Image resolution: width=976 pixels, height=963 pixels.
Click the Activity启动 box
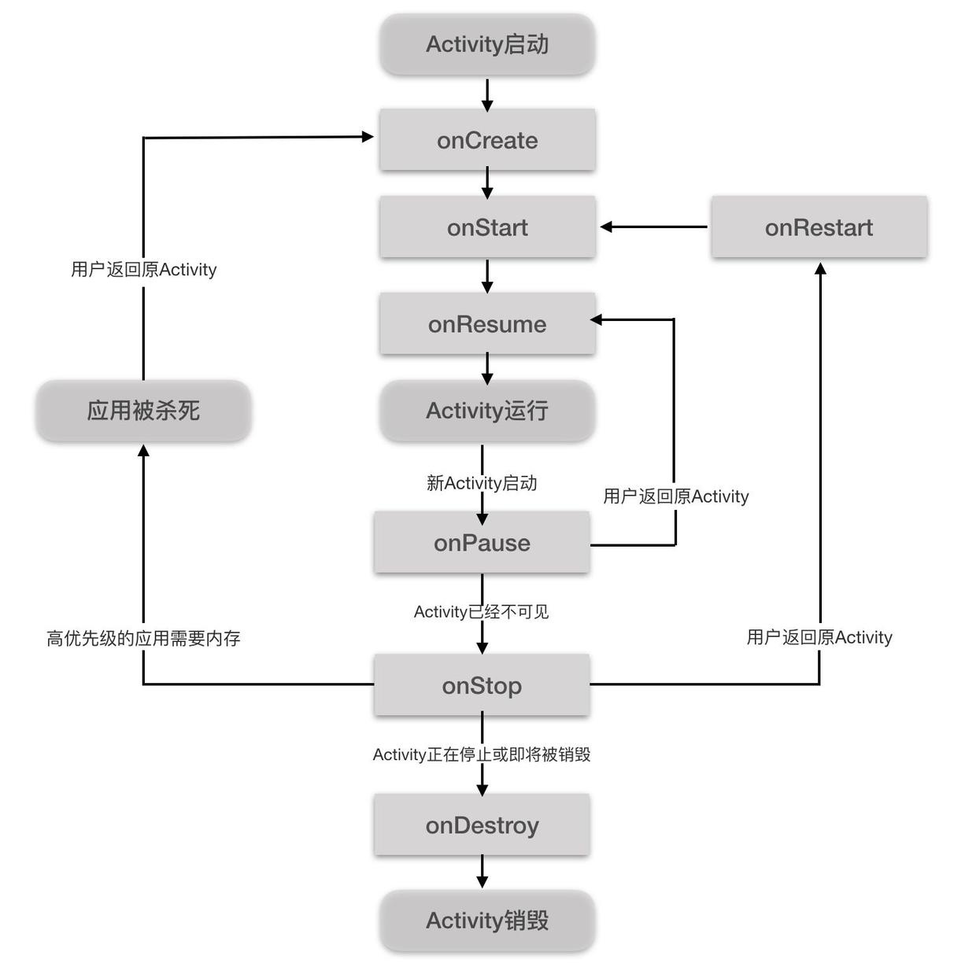(487, 45)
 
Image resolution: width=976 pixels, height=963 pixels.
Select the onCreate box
(487, 140)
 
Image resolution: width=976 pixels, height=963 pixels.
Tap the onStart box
(487, 227)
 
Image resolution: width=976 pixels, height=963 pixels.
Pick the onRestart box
(819, 227)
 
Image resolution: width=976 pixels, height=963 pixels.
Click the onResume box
(487, 324)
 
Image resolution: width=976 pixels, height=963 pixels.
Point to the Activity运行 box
(487, 411)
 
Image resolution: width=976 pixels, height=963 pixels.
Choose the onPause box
(482, 543)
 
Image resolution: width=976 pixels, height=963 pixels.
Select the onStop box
(482, 685)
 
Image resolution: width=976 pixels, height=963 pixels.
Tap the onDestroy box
(482, 825)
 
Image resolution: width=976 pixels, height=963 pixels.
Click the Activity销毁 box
(487, 921)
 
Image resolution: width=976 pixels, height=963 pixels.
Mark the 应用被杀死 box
(143, 411)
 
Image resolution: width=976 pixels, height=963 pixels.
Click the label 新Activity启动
(482, 483)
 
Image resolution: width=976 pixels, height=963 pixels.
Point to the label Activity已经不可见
(482, 612)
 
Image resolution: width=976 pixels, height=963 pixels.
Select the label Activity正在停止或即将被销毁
(482, 755)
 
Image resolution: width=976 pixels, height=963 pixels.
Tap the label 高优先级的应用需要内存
(143, 638)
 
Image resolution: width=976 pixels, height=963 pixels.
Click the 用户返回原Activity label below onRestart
(819, 637)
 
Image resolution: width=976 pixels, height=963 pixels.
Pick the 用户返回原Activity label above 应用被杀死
(143, 270)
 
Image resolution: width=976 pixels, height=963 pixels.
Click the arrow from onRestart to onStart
(653, 227)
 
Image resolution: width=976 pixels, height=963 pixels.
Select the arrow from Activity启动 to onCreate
(487, 94)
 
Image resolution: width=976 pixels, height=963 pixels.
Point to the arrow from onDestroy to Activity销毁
(482, 872)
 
